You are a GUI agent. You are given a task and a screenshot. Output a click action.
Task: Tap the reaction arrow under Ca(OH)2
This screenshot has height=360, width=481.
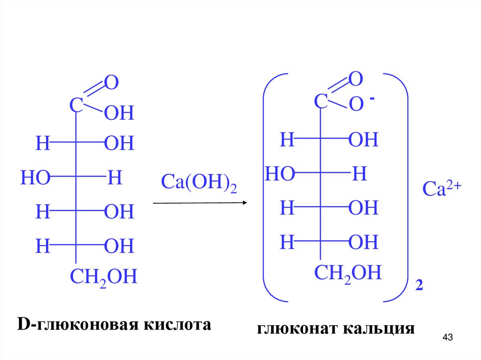(200, 203)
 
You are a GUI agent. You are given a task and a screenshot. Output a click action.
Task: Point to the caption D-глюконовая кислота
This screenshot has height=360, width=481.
(114, 324)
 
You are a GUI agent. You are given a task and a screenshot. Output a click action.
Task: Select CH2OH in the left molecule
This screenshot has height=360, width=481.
(103, 277)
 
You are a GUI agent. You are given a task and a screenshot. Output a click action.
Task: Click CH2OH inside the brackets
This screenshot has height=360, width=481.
(348, 273)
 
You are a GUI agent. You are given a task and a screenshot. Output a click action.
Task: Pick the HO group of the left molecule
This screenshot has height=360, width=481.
(35, 178)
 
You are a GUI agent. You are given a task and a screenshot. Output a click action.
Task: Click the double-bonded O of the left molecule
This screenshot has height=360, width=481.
(111, 83)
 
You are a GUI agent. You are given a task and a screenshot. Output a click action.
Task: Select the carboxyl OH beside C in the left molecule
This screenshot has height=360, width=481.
(119, 114)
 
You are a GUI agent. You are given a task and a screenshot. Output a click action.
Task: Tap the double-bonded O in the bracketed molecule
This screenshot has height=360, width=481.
(356, 79)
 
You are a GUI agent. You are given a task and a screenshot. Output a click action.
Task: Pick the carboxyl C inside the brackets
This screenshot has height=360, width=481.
(320, 101)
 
